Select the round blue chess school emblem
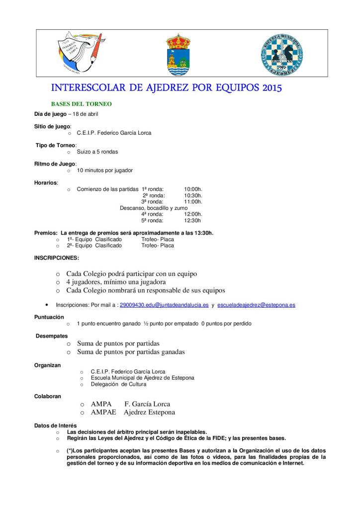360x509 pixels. [x=282, y=54]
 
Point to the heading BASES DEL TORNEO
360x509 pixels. [x=82, y=104]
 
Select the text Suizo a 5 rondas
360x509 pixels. [x=97, y=152]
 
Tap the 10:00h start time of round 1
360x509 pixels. [x=193, y=189]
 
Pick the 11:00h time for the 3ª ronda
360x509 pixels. [x=193, y=202]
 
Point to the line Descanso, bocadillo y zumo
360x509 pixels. [x=154, y=208]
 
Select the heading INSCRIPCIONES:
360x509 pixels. [x=56, y=257]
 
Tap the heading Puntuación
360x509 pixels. [x=49, y=317]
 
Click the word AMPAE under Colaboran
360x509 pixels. [x=103, y=412]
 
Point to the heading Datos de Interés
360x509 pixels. [x=55, y=425]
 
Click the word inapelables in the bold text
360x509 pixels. [x=188, y=431]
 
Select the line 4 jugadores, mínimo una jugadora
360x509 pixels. [x=120, y=282]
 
